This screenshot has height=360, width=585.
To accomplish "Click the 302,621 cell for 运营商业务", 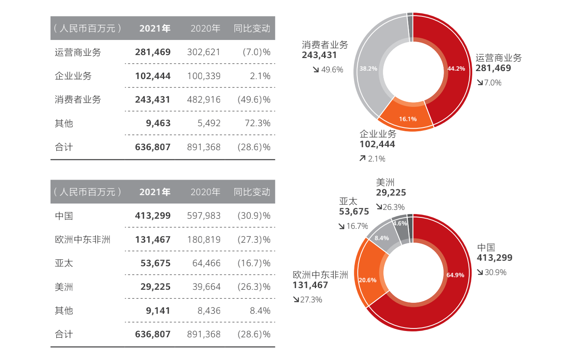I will (x=203, y=52).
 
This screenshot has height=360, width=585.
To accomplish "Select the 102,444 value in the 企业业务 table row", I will (x=153, y=76).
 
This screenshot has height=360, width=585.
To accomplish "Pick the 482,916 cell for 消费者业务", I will (x=203, y=100).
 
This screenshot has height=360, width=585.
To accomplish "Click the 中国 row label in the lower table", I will (x=64, y=216).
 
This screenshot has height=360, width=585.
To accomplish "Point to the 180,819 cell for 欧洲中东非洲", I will (x=203, y=240).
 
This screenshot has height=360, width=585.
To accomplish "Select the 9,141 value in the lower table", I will (x=159, y=311).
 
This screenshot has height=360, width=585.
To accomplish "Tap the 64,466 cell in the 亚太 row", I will (x=206, y=263).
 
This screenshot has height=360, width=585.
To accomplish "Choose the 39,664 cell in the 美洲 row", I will (x=206, y=287).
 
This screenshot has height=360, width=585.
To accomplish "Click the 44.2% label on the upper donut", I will (x=456, y=69).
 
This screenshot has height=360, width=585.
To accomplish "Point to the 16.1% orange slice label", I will (x=407, y=119).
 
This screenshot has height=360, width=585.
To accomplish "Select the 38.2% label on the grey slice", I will (x=368, y=69).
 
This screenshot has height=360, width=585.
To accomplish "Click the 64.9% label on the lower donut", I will (x=455, y=275).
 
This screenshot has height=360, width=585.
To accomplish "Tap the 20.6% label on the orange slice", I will (x=367, y=280).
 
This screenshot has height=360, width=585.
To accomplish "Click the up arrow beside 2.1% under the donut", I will (x=362, y=159).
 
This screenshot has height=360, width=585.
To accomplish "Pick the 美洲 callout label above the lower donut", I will (x=385, y=183).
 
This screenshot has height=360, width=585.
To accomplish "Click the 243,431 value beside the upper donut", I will (x=319, y=55).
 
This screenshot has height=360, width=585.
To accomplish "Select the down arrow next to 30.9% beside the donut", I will (x=480, y=273).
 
